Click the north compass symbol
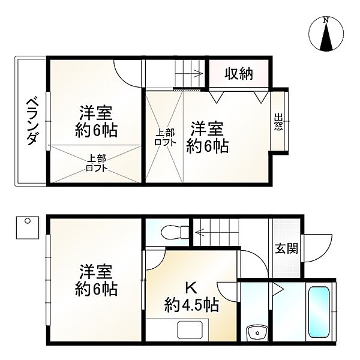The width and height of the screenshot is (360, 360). (326, 35)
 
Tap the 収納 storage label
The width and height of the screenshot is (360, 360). (239, 74)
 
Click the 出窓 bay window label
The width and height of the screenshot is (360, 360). (278, 122)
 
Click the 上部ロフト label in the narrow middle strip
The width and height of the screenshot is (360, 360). (164, 137)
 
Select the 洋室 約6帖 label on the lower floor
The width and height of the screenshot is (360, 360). (95, 280)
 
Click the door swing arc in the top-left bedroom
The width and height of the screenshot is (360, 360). (128, 72)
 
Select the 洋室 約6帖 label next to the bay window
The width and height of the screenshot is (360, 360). (207, 137)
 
